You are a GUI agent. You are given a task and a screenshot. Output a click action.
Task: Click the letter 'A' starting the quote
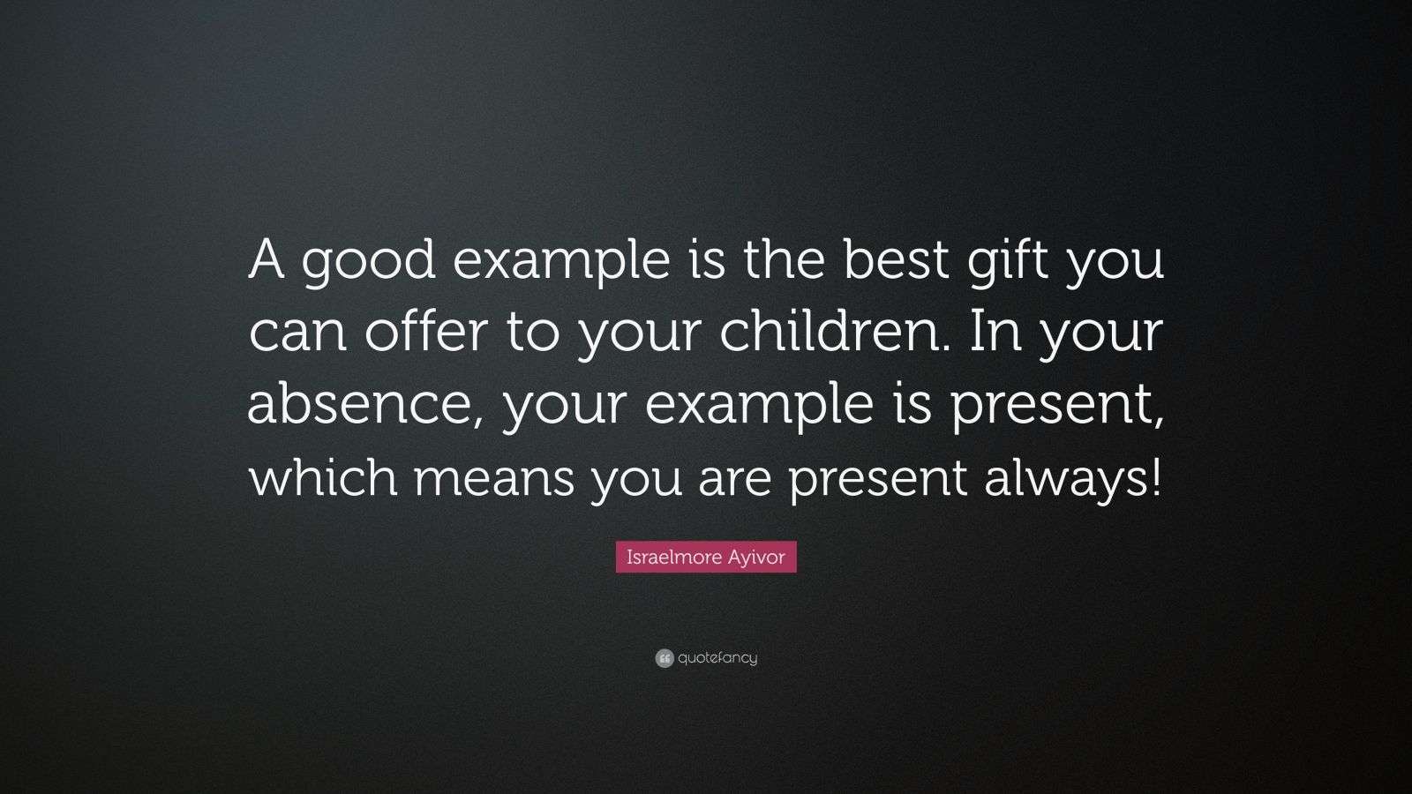click(x=265, y=262)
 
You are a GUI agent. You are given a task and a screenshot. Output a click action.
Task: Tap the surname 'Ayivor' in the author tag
click(x=755, y=558)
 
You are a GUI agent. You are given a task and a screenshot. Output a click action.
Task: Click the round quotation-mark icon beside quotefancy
click(x=665, y=658)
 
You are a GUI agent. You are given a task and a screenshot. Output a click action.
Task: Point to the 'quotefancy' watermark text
click(x=717, y=658)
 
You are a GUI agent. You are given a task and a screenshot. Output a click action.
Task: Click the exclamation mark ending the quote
click(x=1156, y=476)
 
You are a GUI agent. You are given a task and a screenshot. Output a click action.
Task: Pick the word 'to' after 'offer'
click(x=527, y=334)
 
